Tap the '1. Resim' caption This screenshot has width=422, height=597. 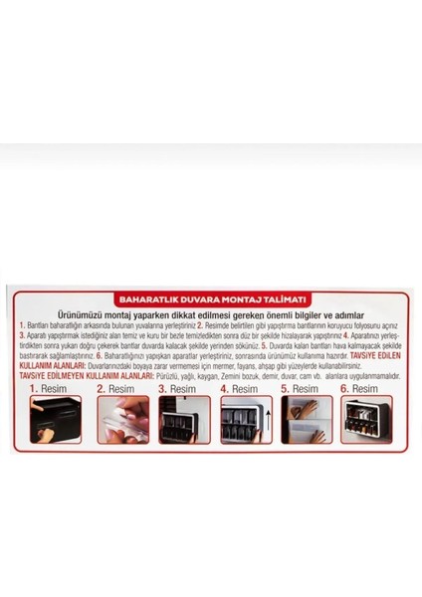click(46, 389)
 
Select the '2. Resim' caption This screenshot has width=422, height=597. click(115, 389)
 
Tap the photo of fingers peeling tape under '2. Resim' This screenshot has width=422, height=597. click(122, 419)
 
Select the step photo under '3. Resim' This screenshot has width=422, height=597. click(184, 419)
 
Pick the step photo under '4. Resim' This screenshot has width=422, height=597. click(246, 419)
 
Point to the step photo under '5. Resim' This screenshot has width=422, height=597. click(308, 419)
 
